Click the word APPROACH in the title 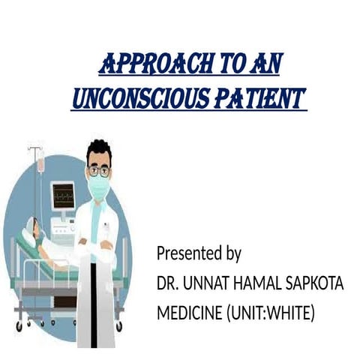(x=143, y=65)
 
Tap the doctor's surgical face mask (x=99, y=187)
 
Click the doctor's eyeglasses (x=98, y=170)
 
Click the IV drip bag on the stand (x=40, y=160)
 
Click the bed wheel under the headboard (x=19, y=325)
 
